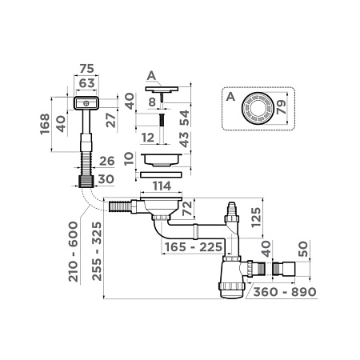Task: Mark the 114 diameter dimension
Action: click(163, 186)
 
